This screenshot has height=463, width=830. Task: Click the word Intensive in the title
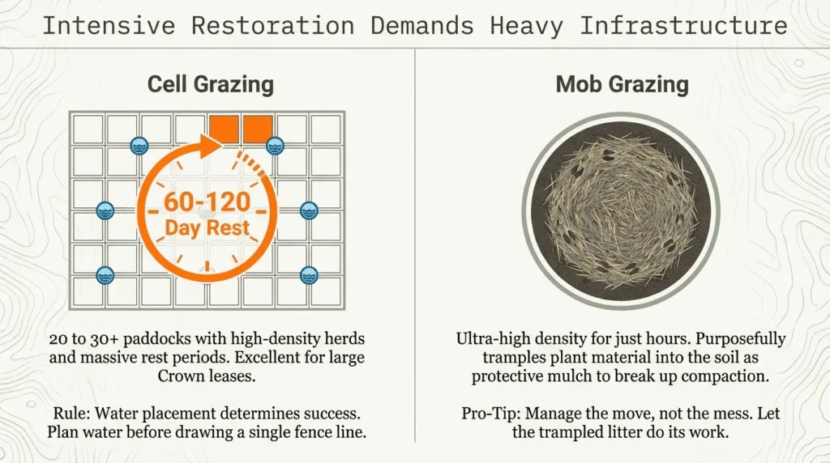[x=109, y=25]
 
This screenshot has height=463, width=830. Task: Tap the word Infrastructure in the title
[x=683, y=25]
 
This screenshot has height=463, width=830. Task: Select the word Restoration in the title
[x=272, y=25]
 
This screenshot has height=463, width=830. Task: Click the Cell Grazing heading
[x=210, y=83]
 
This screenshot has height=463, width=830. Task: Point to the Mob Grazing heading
[x=622, y=83]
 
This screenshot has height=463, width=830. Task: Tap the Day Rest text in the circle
[x=208, y=227]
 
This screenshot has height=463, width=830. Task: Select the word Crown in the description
[x=183, y=376]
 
